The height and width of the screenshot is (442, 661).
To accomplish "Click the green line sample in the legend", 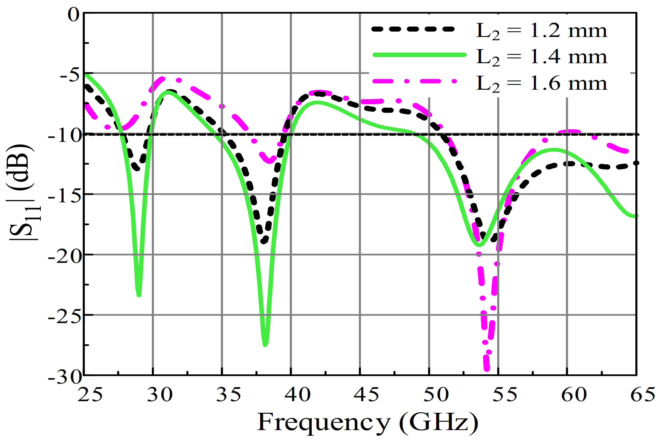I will click(419, 55).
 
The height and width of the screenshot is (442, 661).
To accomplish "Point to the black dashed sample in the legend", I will click(413, 29).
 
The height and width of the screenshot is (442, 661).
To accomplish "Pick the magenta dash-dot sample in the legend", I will click(415, 81).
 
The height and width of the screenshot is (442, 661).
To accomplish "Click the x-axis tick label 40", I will click(297, 395).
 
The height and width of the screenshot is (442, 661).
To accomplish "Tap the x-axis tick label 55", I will click(505, 395).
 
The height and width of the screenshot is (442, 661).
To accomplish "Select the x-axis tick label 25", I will click(90, 395).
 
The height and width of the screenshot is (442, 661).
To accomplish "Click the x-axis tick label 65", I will click(643, 395).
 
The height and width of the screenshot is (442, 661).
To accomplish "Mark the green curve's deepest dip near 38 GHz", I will click(265, 345).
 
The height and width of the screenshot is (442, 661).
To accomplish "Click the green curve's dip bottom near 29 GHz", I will click(139, 295).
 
